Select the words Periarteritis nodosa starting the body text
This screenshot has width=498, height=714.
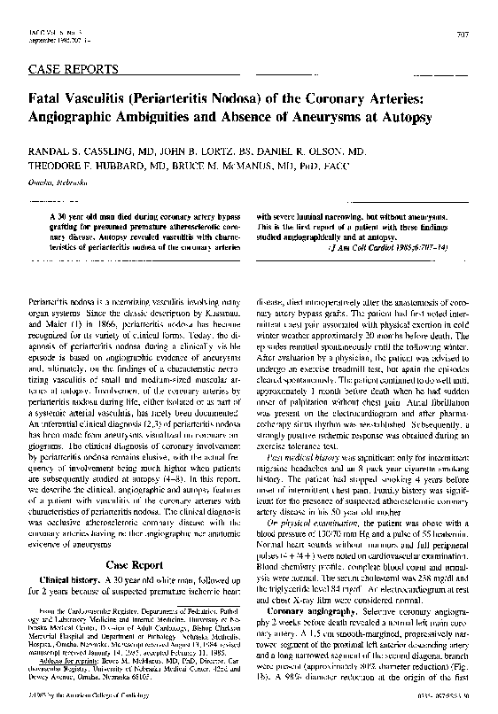click(63, 303)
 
